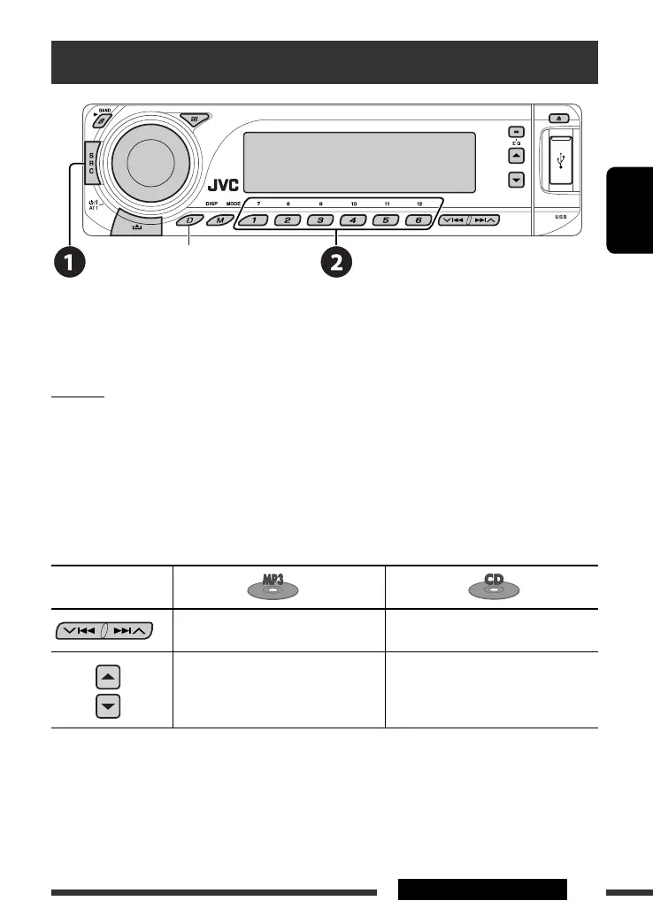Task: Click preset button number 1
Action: coord(253,220)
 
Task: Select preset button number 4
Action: coord(351,220)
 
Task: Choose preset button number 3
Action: coord(319,220)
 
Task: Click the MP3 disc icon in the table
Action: coord(279,587)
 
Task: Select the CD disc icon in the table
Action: coord(491,587)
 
